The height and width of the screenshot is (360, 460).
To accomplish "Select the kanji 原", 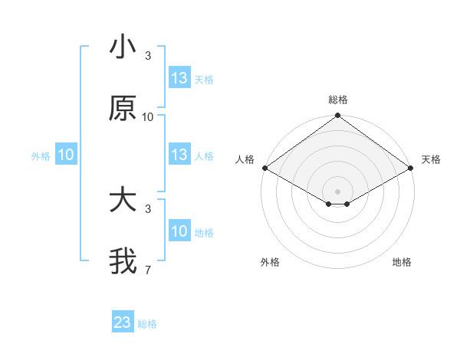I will (x=123, y=108).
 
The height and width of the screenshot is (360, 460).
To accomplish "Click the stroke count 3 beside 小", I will (x=148, y=56).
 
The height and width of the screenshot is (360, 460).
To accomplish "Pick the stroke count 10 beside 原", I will (x=148, y=117).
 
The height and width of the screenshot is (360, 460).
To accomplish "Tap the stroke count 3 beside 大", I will (x=148, y=208).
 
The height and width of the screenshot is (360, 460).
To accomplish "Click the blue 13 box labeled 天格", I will (x=179, y=78).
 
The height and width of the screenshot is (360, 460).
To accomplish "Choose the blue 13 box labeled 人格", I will (x=179, y=155).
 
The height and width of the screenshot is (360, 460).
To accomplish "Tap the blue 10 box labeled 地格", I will (x=179, y=231).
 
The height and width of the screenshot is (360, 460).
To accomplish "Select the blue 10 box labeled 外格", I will (x=66, y=155).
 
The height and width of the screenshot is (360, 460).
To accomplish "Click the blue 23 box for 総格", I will (x=123, y=322).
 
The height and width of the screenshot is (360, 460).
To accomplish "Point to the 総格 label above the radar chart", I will (x=337, y=100).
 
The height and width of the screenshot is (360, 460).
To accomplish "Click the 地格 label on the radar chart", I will (x=402, y=262).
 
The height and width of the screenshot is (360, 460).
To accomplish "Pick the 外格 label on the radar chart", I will (x=270, y=262).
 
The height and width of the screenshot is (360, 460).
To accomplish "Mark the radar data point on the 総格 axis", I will (x=337, y=116).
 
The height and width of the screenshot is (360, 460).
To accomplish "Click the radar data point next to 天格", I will (x=412, y=168).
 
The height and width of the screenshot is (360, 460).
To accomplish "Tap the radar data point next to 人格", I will (x=264, y=168).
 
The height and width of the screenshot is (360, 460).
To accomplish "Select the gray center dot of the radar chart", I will (x=337, y=191).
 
